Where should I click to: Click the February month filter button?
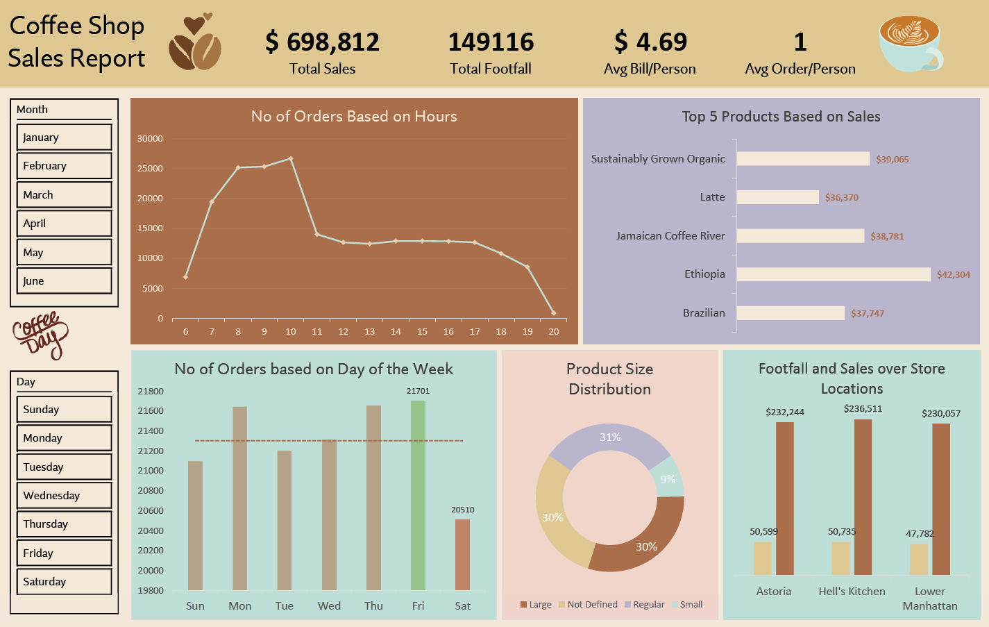point(64,166)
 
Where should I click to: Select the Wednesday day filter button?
point(64,496)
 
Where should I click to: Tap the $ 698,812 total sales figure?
point(322,42)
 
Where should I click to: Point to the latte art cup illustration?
point(911,44)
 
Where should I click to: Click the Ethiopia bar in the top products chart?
point(833,274)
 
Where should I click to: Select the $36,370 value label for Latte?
point(841,198)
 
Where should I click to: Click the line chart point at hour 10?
point(291,159)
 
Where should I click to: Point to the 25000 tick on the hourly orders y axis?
point(150,169)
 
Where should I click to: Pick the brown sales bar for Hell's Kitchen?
point(863,497)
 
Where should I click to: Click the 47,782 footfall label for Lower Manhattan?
point(920,534)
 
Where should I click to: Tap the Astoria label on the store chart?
point(773,592)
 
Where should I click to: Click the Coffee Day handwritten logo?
point(41,335)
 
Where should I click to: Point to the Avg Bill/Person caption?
point(650,69)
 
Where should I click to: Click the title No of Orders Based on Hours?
point(354,117)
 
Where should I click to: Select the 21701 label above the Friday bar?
point(418,392)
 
